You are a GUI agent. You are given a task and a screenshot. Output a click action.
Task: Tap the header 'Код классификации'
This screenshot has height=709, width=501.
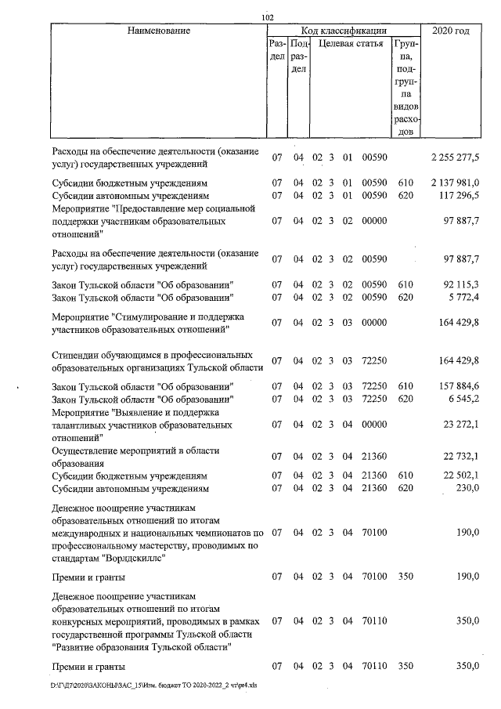342,31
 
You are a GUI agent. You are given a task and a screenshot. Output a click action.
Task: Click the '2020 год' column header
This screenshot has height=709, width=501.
456,31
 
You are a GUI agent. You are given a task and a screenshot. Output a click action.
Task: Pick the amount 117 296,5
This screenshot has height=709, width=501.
460,194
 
